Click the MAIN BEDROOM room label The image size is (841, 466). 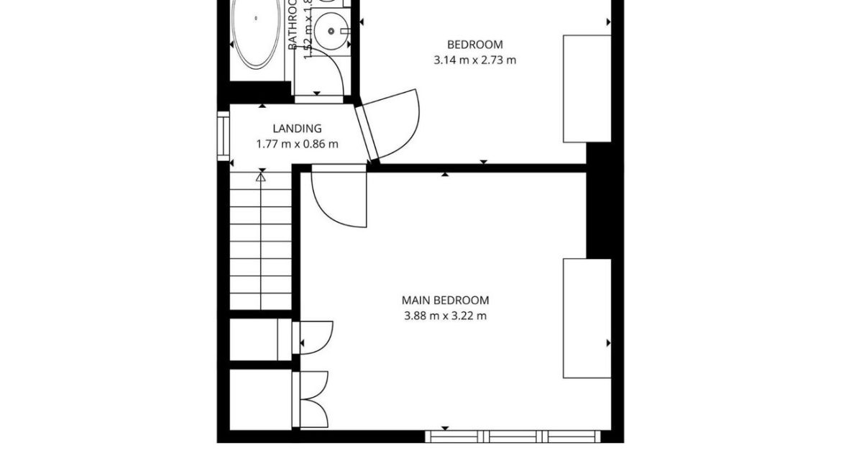[445, 300]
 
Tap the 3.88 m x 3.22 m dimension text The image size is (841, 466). [445, 316]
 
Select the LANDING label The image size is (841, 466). [297, 129]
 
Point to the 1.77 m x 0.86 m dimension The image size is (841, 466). [297, 144]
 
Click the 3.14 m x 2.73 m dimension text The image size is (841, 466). [474, 60]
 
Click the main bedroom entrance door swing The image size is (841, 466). [338, 198]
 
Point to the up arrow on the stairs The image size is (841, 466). [261, 176]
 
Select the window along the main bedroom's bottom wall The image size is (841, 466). [512, 436]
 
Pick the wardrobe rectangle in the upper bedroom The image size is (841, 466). [587, 88]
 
